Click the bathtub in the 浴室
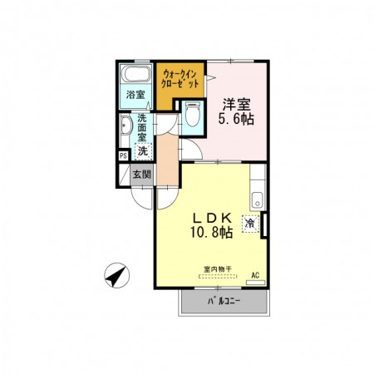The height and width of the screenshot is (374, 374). point(135,73)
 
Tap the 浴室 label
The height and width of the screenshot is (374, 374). point(135,95)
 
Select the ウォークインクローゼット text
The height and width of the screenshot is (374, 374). point(180,79)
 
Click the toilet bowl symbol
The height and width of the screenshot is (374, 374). point(193,114)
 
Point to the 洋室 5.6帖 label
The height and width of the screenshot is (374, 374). point(236,111)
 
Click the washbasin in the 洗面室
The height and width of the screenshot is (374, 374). point(125,126)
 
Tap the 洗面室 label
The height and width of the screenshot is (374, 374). point(141,127)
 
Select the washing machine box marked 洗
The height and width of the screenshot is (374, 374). point(143,151)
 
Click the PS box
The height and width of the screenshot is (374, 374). point(123,155)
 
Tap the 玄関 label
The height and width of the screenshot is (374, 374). point(141,175)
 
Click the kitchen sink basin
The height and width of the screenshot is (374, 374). point(258,199)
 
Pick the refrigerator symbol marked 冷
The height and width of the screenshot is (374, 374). point(250,224)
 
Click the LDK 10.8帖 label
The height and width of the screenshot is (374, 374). point(211,225)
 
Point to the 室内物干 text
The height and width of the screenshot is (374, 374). point(218,268)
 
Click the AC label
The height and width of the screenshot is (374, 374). point(255,275)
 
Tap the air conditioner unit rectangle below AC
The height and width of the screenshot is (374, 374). point(256,283)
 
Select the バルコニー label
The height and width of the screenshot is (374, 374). point(224,301)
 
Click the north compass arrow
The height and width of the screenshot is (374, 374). point(117,275)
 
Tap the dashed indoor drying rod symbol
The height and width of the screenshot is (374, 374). point(219,276)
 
